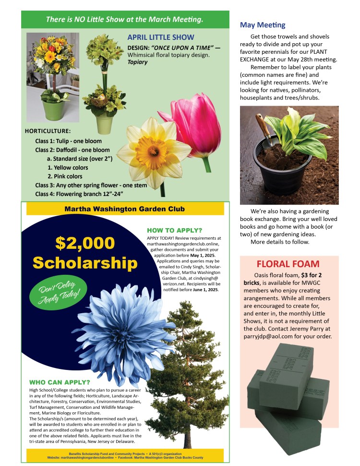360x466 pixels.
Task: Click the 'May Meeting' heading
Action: (262, 25)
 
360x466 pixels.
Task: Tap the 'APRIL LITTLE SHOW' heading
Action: (160, 37)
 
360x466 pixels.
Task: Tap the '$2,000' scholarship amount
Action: (85, 243)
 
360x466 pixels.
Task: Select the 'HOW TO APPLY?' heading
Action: (175, 230)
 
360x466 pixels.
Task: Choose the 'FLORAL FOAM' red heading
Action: (288, 264)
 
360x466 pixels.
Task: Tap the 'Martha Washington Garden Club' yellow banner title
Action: (124, 209)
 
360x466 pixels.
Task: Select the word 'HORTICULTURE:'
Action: (48, 131)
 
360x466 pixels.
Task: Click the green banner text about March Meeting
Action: (124, 20)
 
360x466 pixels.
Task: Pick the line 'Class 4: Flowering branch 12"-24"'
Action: (79, 194)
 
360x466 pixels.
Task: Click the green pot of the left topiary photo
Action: (54, 110)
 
